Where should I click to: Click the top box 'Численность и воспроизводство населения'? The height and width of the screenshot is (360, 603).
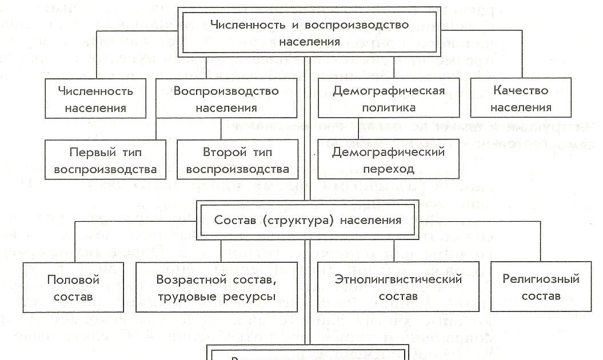pyautogui.click(x=309, y=33)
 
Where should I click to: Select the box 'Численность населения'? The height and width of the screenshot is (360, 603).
pyautogui.click(x=95, y=98)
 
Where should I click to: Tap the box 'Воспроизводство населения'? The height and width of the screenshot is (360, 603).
pyautogui.click(x=226, y=98)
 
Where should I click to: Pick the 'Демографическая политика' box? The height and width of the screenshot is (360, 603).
pyautogui.click(x=389, y=98)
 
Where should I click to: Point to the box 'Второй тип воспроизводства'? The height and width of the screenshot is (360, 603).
pyautogui.click(x=237, y=161)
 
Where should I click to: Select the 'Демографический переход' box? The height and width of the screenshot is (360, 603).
pyautogui.click(x=389, y=161)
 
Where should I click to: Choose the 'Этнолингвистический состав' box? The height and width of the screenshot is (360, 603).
pyautogui.click(x=398, y=287)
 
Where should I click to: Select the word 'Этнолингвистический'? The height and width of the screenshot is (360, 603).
pyautogui.click(x=398, y=279)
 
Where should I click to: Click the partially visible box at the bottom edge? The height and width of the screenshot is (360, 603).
pyautogui.click(x=309, y=354)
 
